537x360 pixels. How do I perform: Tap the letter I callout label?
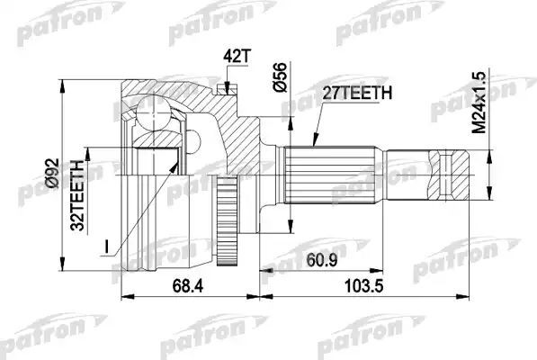(x=104, y=246)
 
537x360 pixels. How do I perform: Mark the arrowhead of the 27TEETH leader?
(x=312, y=144)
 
